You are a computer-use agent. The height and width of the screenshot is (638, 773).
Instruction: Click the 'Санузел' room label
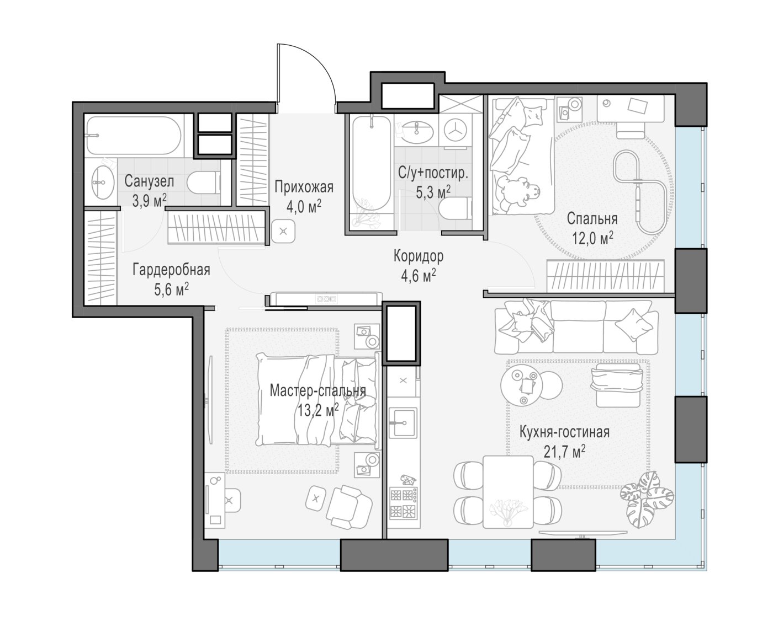coord(149,181)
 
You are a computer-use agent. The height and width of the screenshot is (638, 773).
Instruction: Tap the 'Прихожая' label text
coord(304,187)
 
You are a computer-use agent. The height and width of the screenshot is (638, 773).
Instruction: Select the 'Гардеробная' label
coord(171,270)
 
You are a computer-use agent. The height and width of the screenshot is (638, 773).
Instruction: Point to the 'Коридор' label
coord(419,256)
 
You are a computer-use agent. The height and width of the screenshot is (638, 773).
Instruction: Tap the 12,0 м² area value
coord(592,239)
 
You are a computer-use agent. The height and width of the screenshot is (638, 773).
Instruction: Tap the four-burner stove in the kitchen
coord(403,503)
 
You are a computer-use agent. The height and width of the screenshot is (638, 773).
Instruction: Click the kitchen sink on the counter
coord(403,423)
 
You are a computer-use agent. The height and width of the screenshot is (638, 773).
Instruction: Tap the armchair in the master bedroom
coord(349,507)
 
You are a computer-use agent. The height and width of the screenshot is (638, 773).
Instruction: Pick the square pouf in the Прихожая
coord(283,231)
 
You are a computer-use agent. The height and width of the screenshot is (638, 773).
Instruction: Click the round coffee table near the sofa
coord(521,385)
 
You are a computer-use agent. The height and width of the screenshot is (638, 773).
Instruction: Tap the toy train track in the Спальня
coord(640,192)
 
